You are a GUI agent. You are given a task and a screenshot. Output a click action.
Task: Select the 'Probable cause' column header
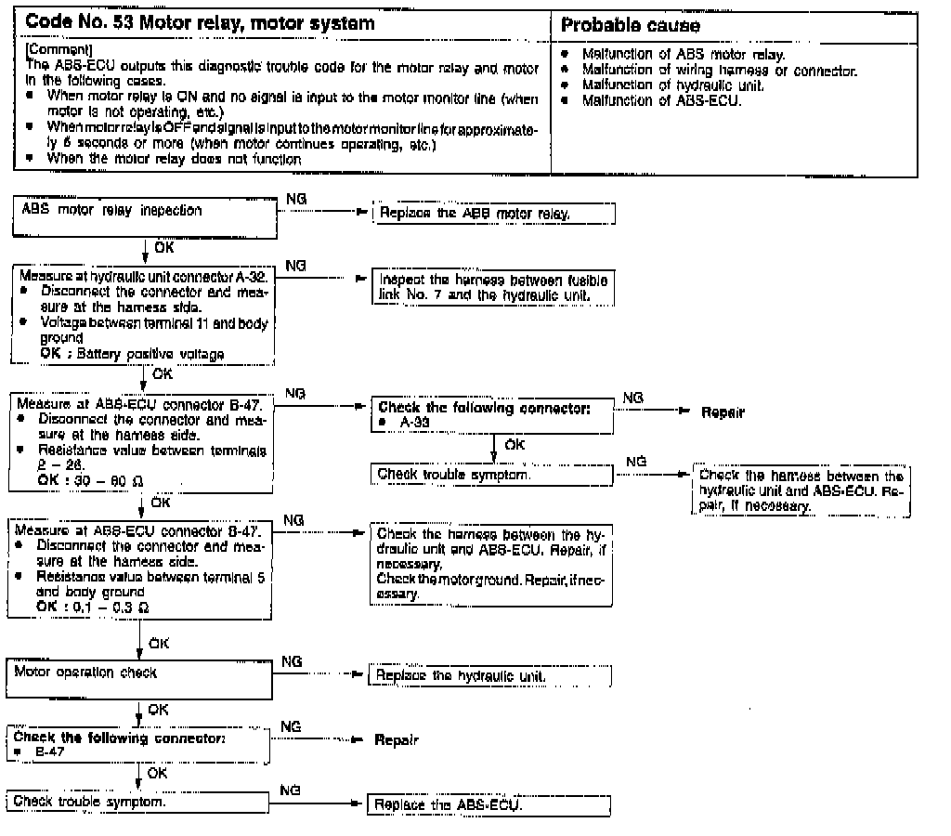point(631,24)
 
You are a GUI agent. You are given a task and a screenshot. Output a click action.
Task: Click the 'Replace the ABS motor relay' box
point(492,215)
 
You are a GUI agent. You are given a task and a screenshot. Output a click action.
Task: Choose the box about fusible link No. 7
point(492,288)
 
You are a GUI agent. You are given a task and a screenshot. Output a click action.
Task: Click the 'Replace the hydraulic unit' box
point(492,675)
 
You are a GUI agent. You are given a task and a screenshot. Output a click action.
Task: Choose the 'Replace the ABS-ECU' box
point(490,805)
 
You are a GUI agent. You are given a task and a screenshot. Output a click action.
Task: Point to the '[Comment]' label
point(46,45)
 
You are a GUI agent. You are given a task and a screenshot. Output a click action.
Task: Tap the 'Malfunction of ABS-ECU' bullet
point(661,98)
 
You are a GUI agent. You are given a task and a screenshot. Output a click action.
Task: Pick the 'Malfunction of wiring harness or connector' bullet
point(719,71)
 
